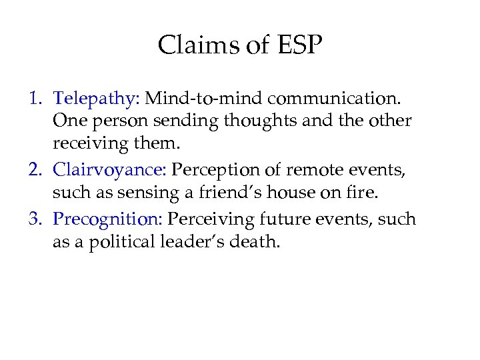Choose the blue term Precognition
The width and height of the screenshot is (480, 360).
click(108, 219)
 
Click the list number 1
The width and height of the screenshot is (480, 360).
click(35, 99)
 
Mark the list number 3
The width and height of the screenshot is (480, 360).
click(35, 219)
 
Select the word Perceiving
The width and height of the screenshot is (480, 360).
click(208, 219)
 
